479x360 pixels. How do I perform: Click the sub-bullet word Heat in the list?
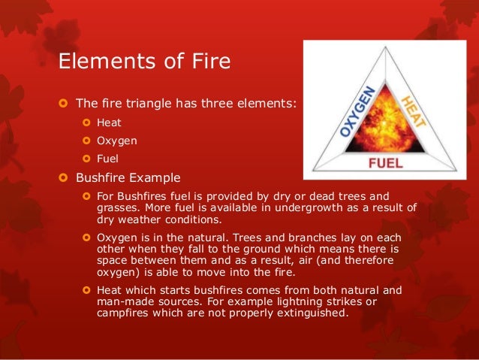point(109,122)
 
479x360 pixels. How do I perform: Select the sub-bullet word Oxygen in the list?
point(116,140)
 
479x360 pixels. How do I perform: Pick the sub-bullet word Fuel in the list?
point(108,159)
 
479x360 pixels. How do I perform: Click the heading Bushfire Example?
point(128,178)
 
